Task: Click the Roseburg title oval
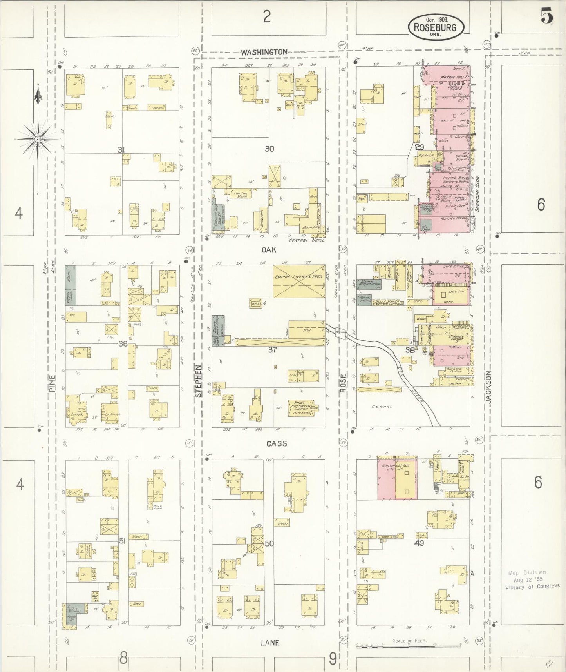pos(436,27)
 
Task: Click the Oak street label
pos(269,249)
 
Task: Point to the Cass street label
pos(277,443)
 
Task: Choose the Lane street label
pos(270,643)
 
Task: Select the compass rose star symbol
pos(37,139)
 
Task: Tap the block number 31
pos(121,150)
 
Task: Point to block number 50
pos(269,543)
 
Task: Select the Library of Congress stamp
pos(532,579)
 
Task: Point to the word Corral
pos(382,407)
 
